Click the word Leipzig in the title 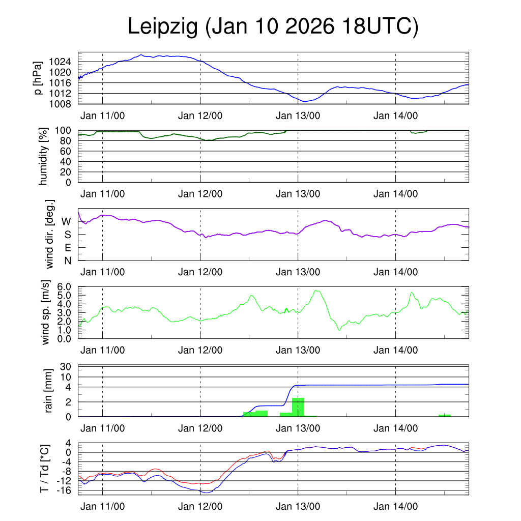(x=162, y=26)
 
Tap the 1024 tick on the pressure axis (x=64, y=62)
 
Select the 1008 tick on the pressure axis (x=64, y=104)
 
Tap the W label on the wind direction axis (x=66, y=222)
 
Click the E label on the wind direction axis (x=67, y=248)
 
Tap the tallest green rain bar (x=298, y=407)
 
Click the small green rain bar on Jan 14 (x=445, y=415)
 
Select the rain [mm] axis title (x=49, y=391)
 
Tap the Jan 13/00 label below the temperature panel (x=298, y=507)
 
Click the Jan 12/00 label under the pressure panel (x=200, y=116)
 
